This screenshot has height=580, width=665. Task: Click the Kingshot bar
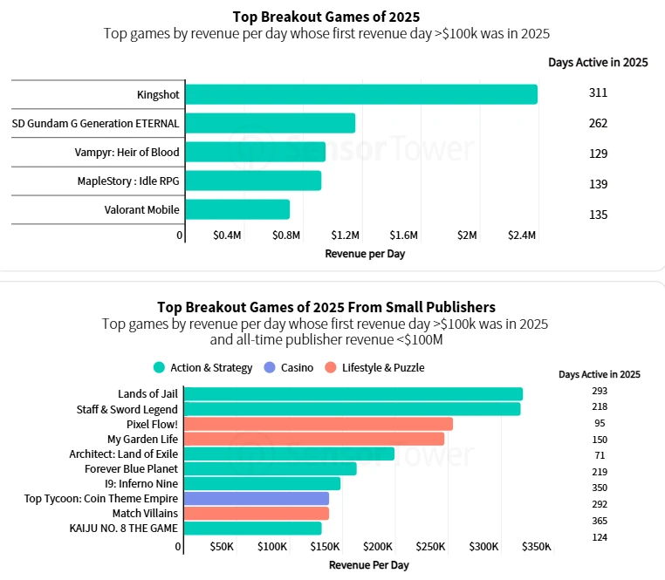click(x=361, y=94)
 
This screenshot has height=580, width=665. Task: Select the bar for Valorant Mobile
click(x=237, y=209)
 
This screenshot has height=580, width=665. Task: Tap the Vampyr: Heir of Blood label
click(x=127, y=153)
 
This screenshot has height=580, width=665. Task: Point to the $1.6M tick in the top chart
click(x=404, y=235)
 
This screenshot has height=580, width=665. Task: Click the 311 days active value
click(x=598, y=92)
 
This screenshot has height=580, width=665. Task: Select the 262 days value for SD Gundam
click(x=598, y=123)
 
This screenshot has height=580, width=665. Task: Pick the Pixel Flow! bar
click(x=319, y=424)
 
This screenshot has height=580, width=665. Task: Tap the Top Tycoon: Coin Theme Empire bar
click(x=257, y=498)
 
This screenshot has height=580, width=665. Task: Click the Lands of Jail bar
click(x=353, y=394)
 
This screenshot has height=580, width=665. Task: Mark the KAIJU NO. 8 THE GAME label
click(x=123, y=528)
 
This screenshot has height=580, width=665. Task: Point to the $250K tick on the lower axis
click(x=430, y=547)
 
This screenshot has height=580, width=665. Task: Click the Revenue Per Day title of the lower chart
click(x=368, y=564)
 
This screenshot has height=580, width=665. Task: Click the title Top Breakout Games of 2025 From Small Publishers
click(x=326, y=307)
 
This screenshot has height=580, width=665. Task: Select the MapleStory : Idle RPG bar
click(x=253, y=181)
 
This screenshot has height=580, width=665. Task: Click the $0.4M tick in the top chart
click(x=227, y=235)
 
